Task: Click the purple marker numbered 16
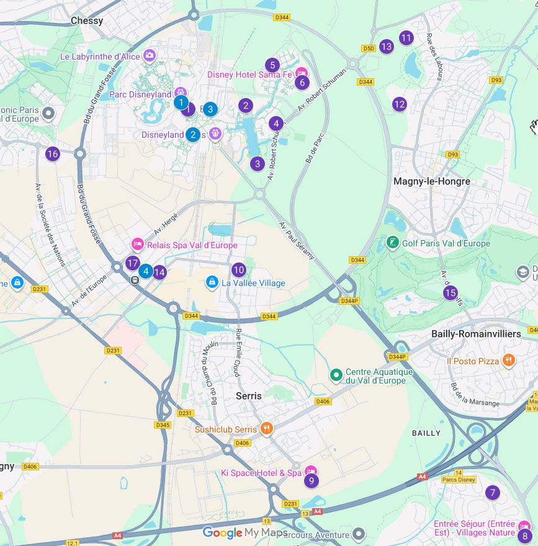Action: [x=52, y=154]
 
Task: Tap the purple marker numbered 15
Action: [x=450, y=293]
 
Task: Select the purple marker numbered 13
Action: [x=387, y=46]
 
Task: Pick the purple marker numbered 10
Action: [x=239, y=270]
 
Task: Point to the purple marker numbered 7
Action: [x=493, y=493]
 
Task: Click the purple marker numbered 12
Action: [x=400, y=104]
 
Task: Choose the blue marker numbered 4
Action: [x=145, y=271]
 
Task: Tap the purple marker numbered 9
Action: [x=311, y=480]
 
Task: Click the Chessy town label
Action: [x=87, y=20]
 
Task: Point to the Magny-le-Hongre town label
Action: [x=432, y=181]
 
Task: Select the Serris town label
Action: [x=249, y=395]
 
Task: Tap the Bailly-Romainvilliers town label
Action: [x=476, y=334]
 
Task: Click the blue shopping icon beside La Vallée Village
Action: [x=212, y=283]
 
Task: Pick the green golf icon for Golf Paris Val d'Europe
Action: [x=392, y=243]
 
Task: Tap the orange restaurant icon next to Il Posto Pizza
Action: [x=509, y=360]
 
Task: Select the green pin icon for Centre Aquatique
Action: [x=336, y=375]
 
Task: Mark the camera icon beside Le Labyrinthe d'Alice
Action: [x=150, y=56]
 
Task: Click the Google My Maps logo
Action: [x=245, y=532]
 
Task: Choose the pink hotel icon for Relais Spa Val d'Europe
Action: [x=138, y=245]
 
